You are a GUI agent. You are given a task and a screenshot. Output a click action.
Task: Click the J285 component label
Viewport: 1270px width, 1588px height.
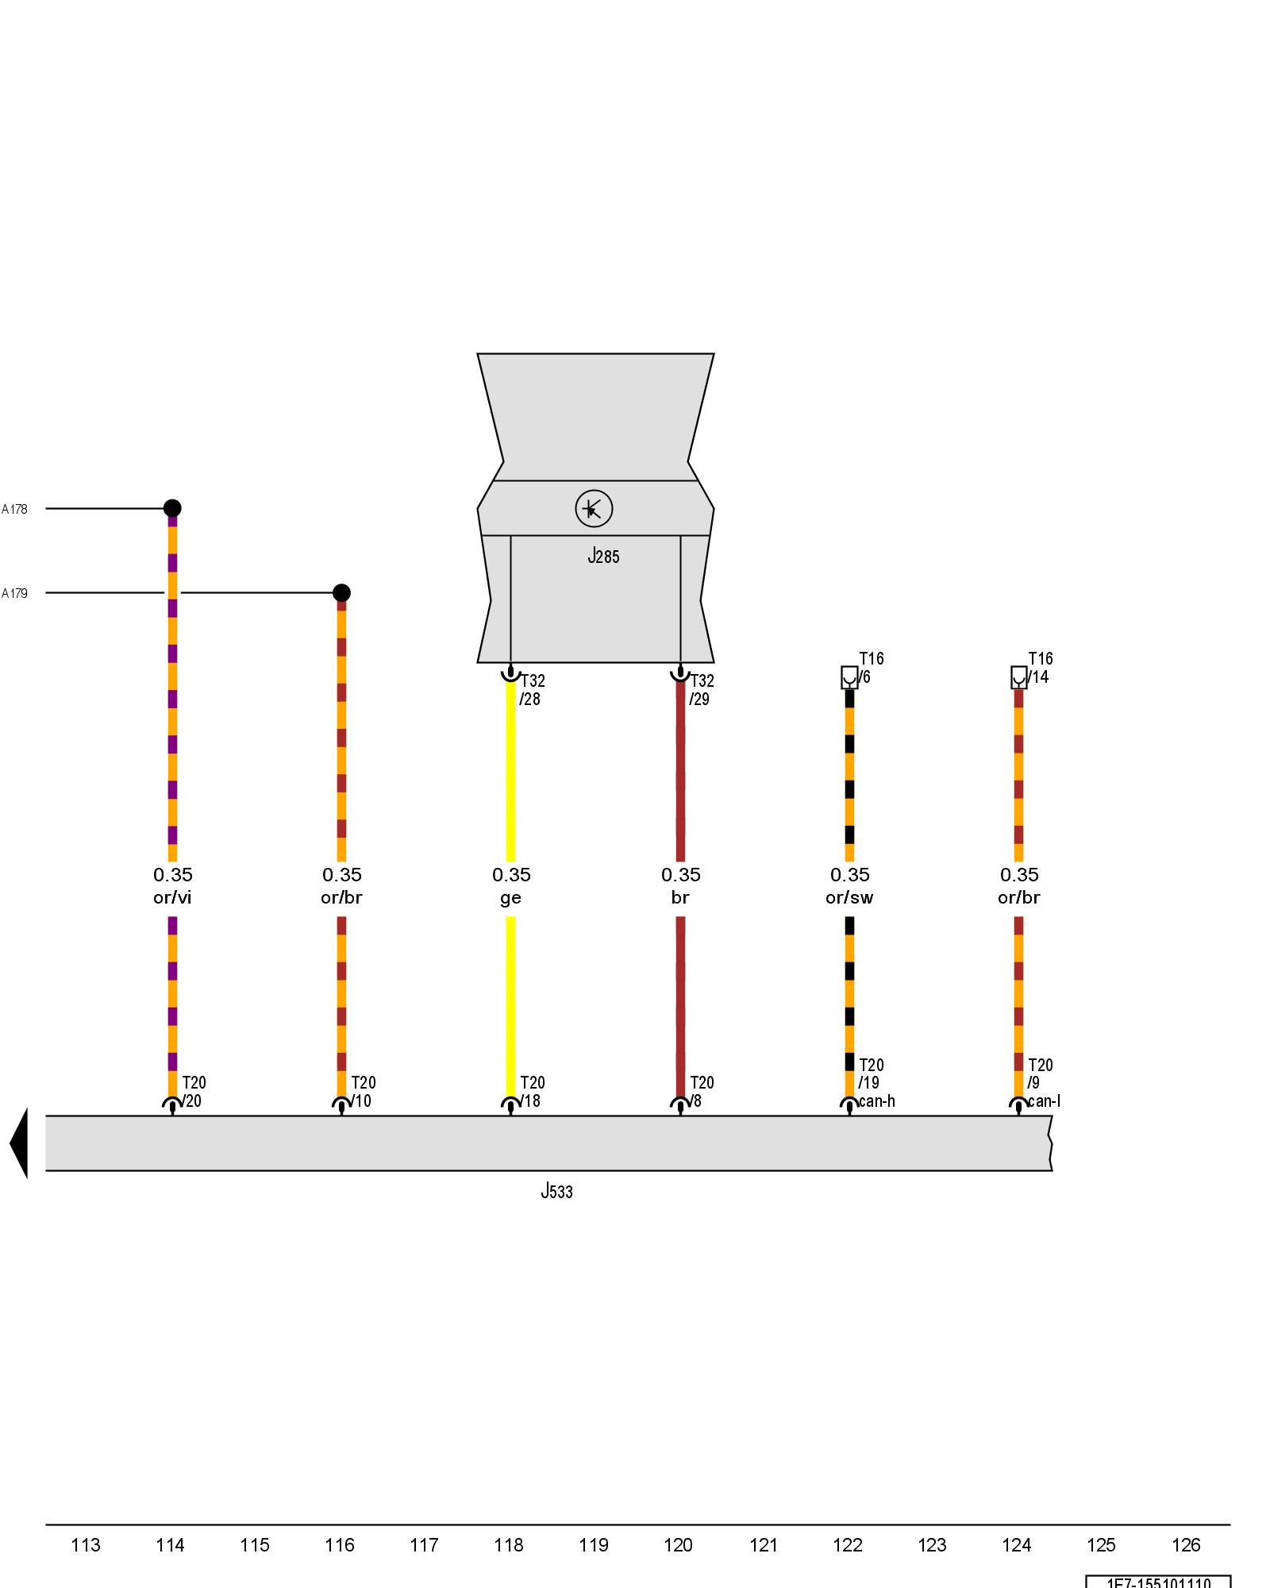(603, 556)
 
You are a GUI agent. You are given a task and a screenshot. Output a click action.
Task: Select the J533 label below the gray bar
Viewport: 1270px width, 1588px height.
(556, 1191)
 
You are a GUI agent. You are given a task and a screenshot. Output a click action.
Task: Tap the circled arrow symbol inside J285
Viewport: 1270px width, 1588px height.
(594, 508)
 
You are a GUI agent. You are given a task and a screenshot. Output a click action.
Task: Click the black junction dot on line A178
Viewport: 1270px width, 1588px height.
(172, 508)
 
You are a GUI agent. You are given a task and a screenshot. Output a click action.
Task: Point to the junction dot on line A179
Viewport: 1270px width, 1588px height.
(341, 592)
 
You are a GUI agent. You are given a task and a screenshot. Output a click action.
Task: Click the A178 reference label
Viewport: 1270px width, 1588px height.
(14, 509)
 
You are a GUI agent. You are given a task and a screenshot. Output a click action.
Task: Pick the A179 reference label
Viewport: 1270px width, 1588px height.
(14, 593)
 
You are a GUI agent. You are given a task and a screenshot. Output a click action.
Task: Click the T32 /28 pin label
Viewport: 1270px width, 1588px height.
(532, 690)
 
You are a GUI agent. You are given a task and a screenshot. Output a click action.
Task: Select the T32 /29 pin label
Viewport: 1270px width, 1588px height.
(702, 690)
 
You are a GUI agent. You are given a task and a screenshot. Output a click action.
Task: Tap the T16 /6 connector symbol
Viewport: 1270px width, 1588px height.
(849, 677)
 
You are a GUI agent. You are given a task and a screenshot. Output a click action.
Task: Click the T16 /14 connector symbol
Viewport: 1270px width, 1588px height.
(1019, 677)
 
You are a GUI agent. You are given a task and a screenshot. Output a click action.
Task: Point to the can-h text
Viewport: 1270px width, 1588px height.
(877, 1101)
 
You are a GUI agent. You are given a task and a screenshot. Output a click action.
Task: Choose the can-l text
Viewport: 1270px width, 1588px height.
(1044, 1101)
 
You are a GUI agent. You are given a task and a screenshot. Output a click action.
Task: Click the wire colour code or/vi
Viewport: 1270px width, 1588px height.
(172, 897)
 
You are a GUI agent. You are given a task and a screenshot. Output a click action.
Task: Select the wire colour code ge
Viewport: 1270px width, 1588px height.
(510, 898)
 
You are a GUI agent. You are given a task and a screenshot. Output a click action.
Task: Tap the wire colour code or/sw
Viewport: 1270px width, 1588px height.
(849, 897)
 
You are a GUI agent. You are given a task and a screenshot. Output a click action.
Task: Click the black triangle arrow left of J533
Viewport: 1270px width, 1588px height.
(19, 1143)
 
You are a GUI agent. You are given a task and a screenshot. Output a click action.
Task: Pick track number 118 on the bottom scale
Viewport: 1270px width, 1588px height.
(509, 1544)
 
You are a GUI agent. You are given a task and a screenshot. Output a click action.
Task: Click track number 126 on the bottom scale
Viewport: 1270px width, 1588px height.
(1186, 1544)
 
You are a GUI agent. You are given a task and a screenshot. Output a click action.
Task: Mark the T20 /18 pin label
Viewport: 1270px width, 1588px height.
(532, 1092)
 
